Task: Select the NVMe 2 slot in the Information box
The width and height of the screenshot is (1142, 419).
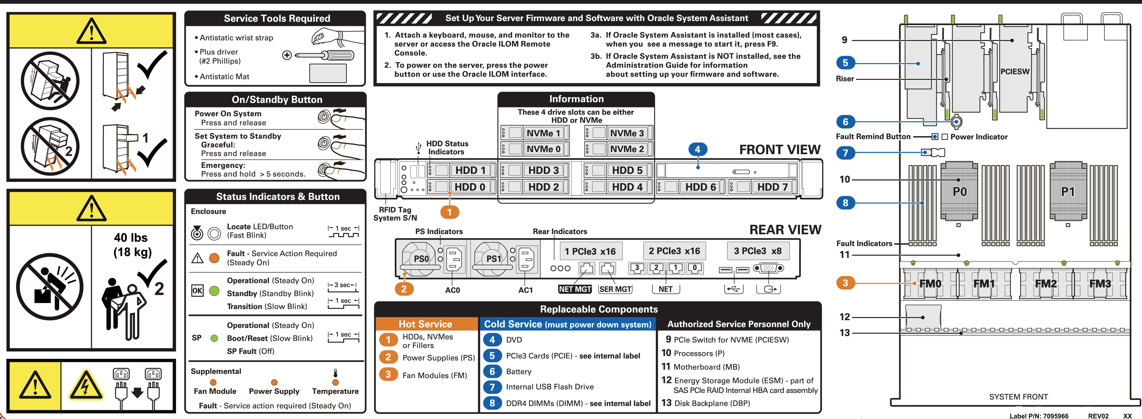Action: pos(627,149)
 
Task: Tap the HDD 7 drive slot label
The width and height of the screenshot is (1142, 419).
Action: pos(772,187)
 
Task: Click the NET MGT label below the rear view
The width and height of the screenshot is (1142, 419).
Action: pos(575,289)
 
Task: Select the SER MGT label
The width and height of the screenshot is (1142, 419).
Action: pos(615,289)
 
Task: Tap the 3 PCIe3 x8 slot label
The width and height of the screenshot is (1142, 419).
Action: pos(757,251)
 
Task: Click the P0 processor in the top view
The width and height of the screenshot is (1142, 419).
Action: pos(959,191)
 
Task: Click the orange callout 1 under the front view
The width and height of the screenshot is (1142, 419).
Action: pos(449,212)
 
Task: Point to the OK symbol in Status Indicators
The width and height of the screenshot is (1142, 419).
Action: pos(197,291)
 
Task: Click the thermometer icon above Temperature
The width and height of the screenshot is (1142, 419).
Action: pos(336,373)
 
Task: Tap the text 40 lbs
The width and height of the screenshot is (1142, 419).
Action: pos(131,238)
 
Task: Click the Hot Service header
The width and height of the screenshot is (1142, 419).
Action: pos(425,324)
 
